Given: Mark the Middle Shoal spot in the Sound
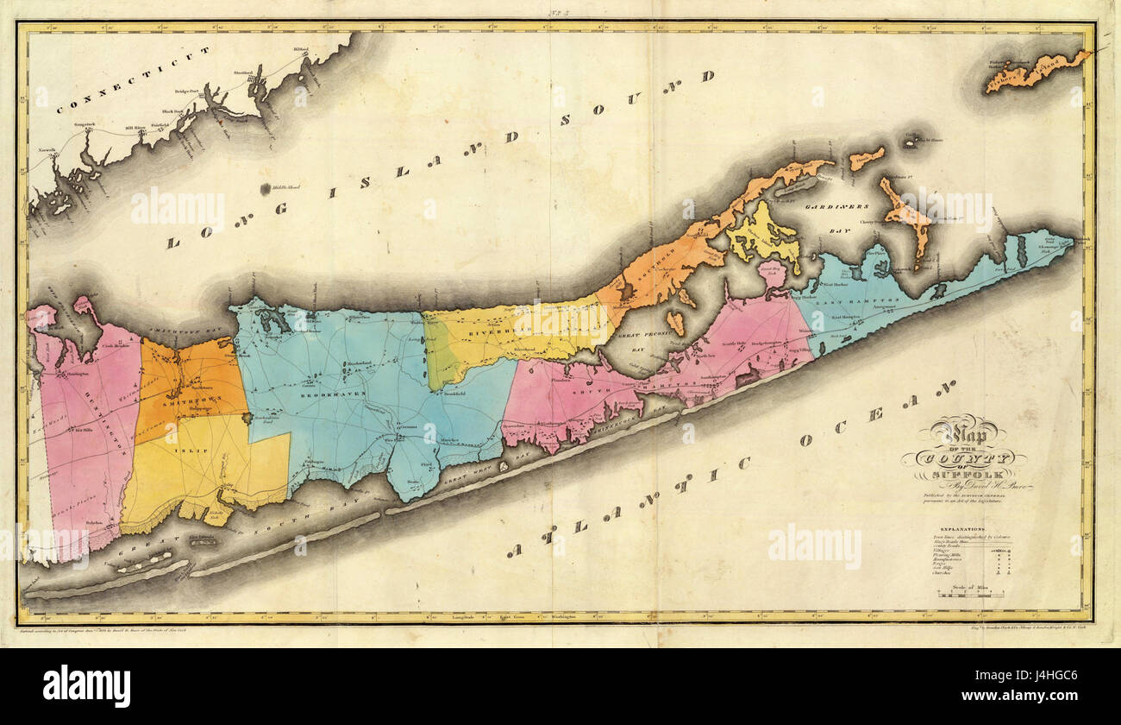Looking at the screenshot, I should (279, 187).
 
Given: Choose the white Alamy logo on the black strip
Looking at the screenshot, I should (86, 686).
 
